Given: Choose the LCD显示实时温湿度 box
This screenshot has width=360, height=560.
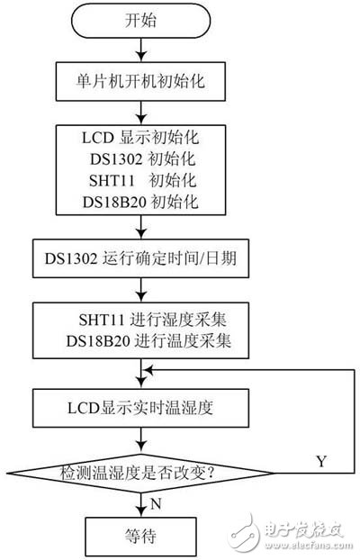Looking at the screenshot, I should [137, 404].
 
